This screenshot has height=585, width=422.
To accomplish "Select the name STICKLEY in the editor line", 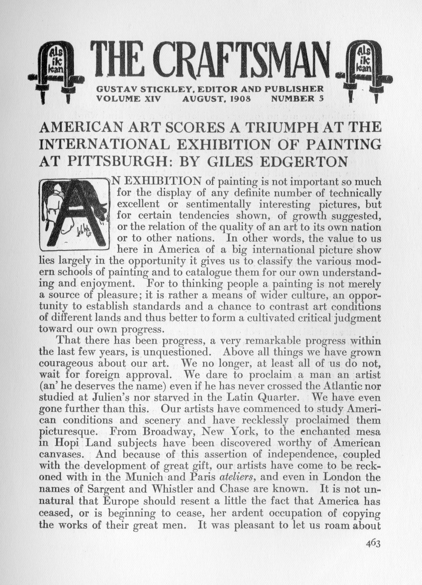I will pos(166,89).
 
